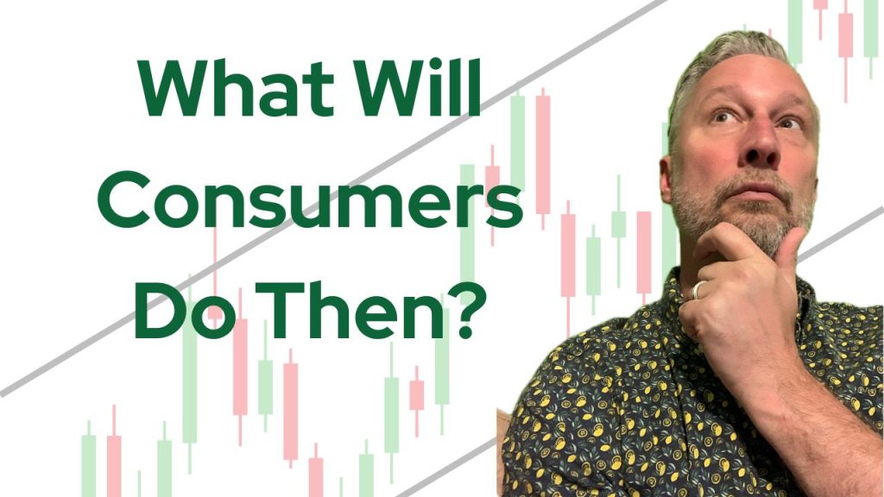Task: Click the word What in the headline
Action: [x=237, y=89]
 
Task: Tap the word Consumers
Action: [x=310, y=201]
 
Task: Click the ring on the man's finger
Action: [x=698, y=290]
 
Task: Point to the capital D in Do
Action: [x=159, y=311]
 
